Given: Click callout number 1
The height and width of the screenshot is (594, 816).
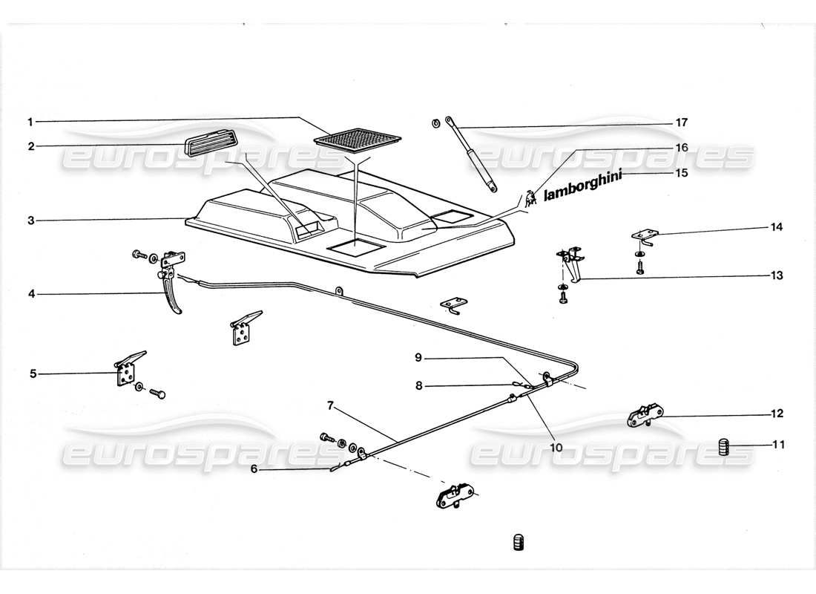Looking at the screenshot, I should [x=30, y=121].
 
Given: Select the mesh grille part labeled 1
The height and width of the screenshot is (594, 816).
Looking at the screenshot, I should [x=358, y=139].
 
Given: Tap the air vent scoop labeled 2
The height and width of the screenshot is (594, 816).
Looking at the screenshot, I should [x=211, y=146].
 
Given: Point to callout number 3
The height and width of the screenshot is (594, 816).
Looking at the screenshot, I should [x=30, y=221].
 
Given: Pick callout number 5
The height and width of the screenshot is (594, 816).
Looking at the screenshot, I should [x=33, y=373].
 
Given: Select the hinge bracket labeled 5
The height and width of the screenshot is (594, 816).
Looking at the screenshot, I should [x=127, y=369].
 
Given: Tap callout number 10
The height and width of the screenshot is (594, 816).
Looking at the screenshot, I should [x=556, y=448].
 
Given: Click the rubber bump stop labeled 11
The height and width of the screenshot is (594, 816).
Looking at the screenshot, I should [x=725, y=447].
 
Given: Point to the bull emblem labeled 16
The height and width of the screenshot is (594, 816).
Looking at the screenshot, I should [x=530, y=198].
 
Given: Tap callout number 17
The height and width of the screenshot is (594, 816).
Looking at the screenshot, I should [x=682, y=122].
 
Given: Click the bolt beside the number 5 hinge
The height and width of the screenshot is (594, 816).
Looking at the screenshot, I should [x=157, y=391].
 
